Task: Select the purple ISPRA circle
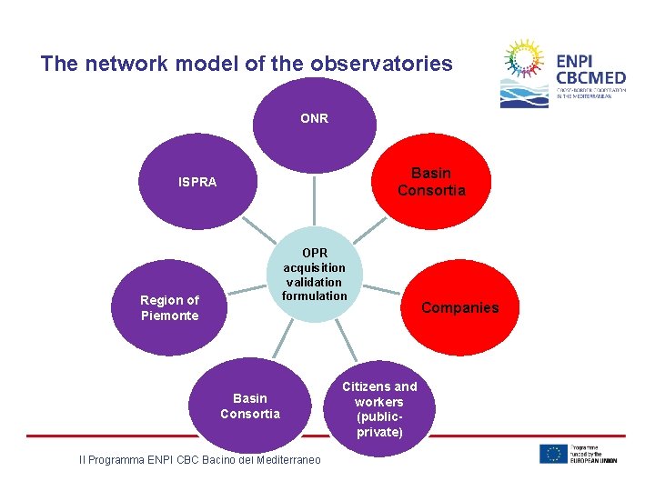(x=197, y=182)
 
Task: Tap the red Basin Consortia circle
(x=430, y=182)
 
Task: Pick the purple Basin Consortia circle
(x=250, y=406)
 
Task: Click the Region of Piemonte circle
(x=169, y=307)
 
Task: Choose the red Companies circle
(x=459, y=307)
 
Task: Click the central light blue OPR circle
(x=314, y=274)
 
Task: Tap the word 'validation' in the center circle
(x=314, y=282)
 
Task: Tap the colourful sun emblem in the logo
(x=525, y=63)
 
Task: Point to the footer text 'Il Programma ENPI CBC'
(x=136, y=460)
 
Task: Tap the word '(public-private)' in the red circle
(x=379, y=425)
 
